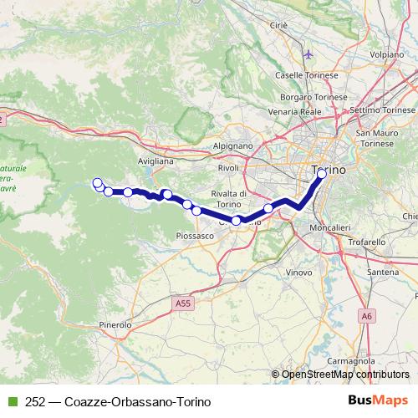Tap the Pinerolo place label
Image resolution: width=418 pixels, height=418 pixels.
tap(115, 324)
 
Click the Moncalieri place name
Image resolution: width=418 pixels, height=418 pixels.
tap(329, 227)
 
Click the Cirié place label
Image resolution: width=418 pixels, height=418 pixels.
tap(278, 26)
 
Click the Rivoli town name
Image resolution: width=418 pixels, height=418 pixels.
tap(228, 168)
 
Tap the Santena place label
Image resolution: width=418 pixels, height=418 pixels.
tap(384, 273)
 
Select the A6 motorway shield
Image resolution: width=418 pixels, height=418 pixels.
tap(367, 316)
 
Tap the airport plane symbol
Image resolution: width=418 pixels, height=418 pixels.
tap(310, 55)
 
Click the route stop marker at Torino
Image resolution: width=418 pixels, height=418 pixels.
tap(321, 174)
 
